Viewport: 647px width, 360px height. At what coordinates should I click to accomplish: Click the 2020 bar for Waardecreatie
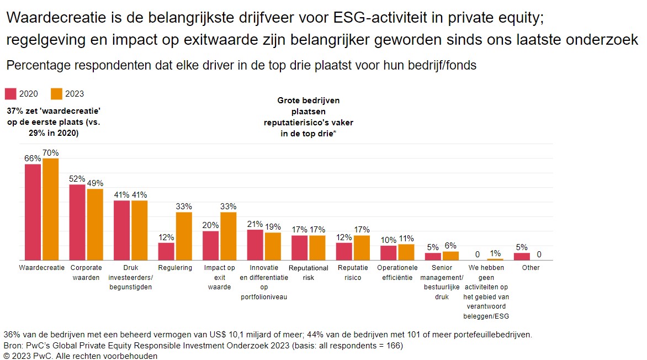[33, 212]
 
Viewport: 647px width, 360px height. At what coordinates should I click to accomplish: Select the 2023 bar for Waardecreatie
[50, 209]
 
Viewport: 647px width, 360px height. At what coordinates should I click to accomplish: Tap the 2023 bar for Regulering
[184, 236]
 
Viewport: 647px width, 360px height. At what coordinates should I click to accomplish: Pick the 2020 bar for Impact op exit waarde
[210, 245]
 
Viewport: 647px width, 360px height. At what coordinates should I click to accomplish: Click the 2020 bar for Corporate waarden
[77, 222]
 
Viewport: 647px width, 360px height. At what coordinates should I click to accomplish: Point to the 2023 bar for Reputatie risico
[362, 247]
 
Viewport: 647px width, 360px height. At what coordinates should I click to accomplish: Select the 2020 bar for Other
[522, 256]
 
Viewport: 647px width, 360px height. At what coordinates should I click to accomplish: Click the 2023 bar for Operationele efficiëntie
[406, 252]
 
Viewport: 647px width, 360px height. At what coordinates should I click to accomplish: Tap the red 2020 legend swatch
[10, 93]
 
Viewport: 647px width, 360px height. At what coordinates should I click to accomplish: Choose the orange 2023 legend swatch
[56, 93]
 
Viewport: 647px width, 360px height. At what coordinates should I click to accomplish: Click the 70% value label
[50, 152]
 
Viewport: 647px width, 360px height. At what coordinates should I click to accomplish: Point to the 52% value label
[77, 179]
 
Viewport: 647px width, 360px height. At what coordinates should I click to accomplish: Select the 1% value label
[495, 253]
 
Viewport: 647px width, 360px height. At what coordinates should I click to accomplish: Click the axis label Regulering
[175, 268]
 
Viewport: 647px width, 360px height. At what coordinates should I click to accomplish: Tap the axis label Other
[531, 268]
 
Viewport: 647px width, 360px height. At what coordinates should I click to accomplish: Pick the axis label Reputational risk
[309, 273]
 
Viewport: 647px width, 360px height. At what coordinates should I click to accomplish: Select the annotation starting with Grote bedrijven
[308, 118]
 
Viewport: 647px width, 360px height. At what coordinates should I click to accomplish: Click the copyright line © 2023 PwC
[80, 356]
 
